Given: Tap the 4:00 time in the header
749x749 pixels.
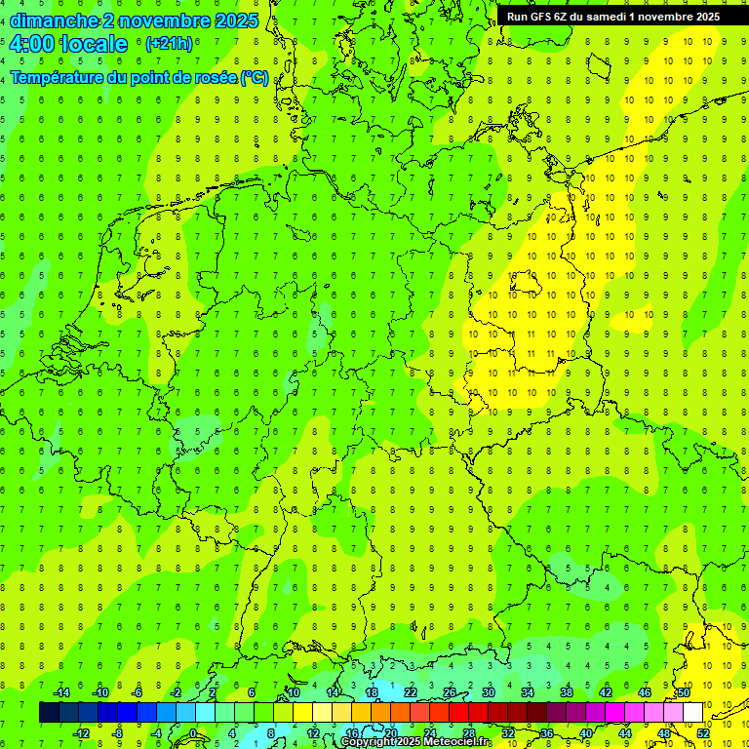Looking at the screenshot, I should (34, 44).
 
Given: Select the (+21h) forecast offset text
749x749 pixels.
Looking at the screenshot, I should (168, 44).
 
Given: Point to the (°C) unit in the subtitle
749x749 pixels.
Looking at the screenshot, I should (254, 78).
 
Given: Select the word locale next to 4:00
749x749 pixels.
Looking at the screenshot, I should (96, 44).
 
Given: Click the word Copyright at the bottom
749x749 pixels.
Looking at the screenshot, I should (368, 742).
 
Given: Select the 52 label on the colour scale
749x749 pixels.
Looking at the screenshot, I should (703, 732).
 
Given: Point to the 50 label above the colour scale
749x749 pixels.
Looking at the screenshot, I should (684, 692).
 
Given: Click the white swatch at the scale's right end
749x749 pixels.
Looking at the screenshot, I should (692, 713).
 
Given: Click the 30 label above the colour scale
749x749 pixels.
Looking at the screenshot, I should (488, 692).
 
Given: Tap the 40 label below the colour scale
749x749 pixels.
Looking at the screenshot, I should (585, 732).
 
